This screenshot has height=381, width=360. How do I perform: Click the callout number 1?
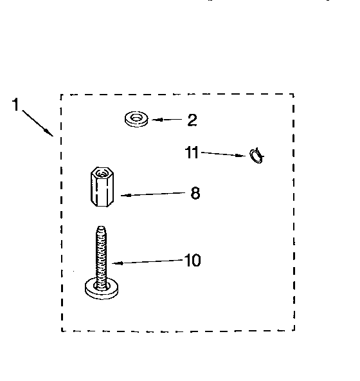[x=15, y=104]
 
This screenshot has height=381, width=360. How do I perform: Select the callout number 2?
[x=192, y=120]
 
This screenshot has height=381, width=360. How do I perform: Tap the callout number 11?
[x=192, y=153]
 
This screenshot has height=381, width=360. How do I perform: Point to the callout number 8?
[x=195, y=193]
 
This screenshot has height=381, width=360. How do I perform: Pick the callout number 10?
[x=193, y=260]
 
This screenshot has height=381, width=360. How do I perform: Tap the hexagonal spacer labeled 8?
[x=102, y=187]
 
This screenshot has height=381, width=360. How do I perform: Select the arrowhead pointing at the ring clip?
[x=241, y=156]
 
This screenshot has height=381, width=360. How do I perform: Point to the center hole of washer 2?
[x=136, y=118]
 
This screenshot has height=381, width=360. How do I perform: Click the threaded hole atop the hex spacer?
[x=101, y=174]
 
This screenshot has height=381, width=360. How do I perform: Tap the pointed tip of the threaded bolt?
[x=101, y=227]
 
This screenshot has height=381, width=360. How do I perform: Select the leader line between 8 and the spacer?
[x=153, y=194]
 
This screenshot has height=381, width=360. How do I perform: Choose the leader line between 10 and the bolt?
[x=148, y=262]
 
